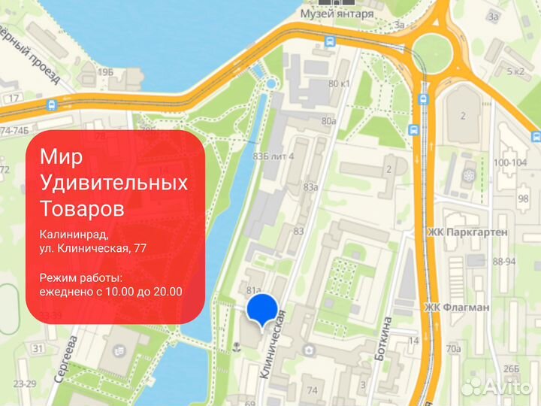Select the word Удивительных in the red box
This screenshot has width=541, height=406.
pos(113,182)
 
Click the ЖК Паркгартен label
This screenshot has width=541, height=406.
pos(467,232)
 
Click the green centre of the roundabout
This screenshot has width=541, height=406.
pos(436,50)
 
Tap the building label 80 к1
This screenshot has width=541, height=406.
pos(340,83)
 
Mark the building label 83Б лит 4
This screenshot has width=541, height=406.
pos(274,156)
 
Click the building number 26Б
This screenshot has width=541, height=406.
pos(512,368)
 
